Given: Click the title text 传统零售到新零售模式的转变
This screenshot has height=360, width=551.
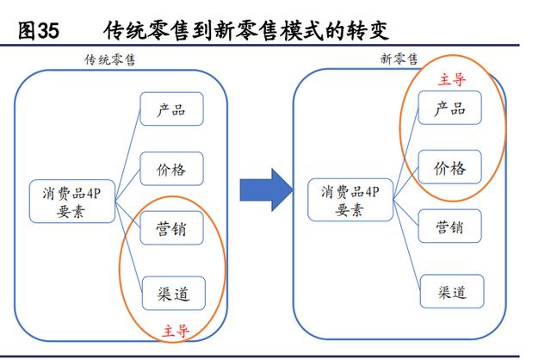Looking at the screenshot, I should tap(246, 32).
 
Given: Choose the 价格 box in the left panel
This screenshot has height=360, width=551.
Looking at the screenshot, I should tap(171, 167).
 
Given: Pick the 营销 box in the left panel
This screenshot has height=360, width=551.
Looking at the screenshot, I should tap(171, 230).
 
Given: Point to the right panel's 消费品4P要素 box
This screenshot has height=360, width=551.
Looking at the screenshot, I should tap(349, 201).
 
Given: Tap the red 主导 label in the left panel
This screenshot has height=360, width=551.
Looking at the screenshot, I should tap(176, 328).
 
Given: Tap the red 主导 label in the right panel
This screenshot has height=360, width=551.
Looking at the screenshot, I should tap(452, 79).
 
